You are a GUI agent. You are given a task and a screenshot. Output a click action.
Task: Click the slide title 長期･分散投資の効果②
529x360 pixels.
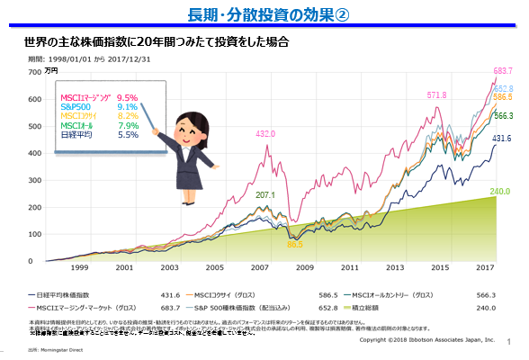(x=265, y=13)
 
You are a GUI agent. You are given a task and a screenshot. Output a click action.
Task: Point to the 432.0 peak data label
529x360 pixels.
(x=265, y=133)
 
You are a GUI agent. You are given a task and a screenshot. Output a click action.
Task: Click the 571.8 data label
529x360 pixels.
(x=436, y=94)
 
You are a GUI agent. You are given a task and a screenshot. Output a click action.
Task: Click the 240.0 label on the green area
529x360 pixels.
(x=500, y=191)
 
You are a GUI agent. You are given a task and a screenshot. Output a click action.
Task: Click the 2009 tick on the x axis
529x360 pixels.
(x=306, y=268)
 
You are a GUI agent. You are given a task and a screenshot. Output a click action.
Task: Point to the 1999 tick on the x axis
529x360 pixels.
(x=79, y=268)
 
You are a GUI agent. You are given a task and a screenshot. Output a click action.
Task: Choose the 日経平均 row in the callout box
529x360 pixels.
(x=76, y=135)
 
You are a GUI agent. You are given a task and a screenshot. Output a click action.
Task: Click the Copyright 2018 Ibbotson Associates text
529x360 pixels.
(x=427, y=341)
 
